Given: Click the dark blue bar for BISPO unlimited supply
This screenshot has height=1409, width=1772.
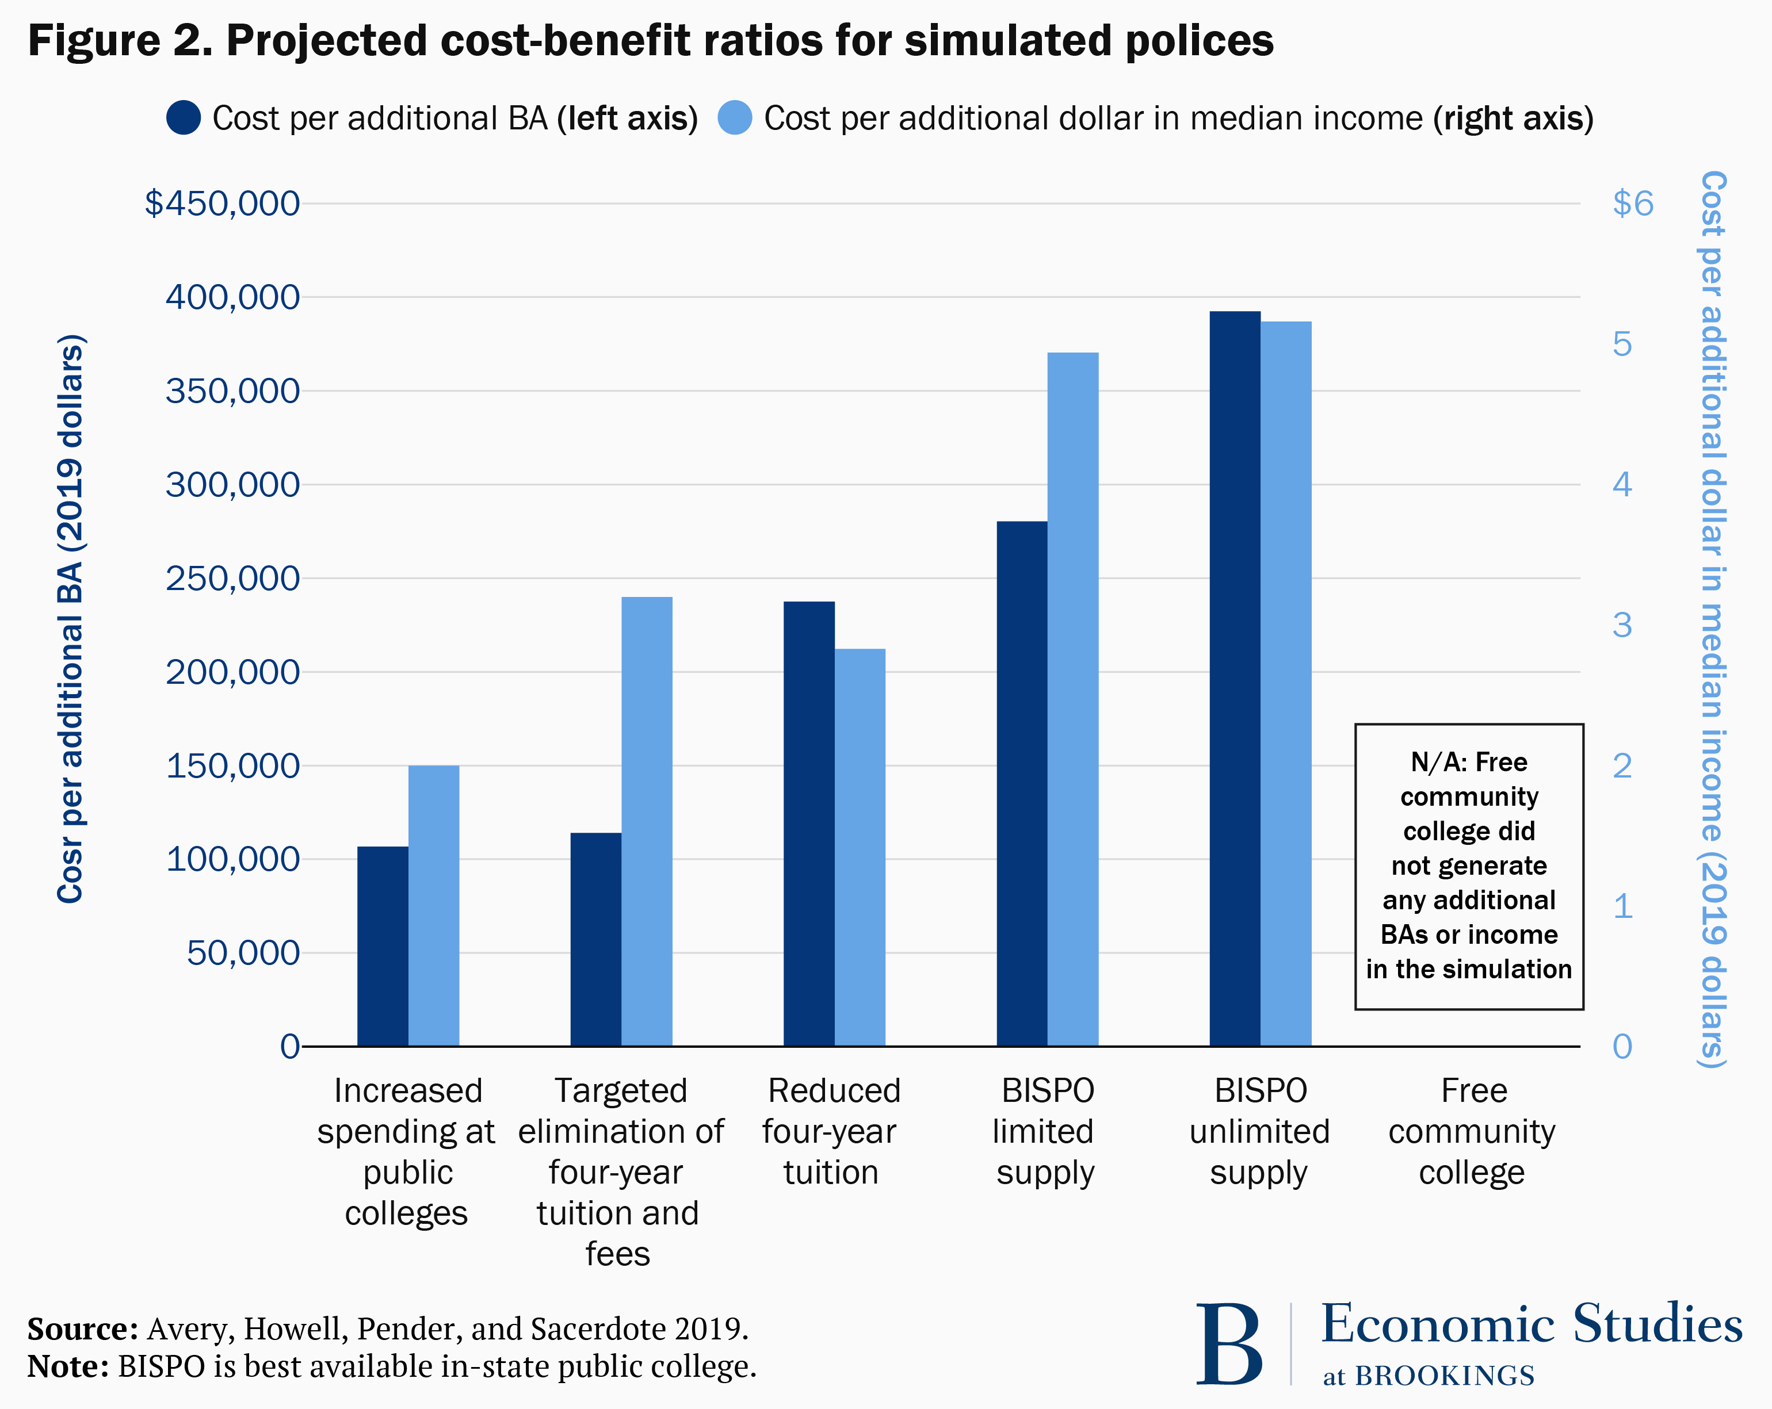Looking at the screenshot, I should click(1235, 678).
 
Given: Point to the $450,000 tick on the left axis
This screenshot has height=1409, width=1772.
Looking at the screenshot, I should click(222, 203).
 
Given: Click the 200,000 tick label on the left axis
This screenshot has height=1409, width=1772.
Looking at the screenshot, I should click(232, 672).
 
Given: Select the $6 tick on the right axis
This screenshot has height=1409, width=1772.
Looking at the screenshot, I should click(1632, 203).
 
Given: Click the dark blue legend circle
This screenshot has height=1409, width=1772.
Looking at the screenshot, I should click(184, 117).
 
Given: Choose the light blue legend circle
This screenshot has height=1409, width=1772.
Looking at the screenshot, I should click(735, 117).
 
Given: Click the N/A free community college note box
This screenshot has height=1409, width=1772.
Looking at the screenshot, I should click(1469, 866).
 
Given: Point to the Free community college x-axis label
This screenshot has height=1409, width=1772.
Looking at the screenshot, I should click(1472, 1131).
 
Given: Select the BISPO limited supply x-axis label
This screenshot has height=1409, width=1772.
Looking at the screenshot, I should click(1045, 1131).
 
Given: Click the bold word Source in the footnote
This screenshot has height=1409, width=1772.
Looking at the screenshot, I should click(82, 1328).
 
